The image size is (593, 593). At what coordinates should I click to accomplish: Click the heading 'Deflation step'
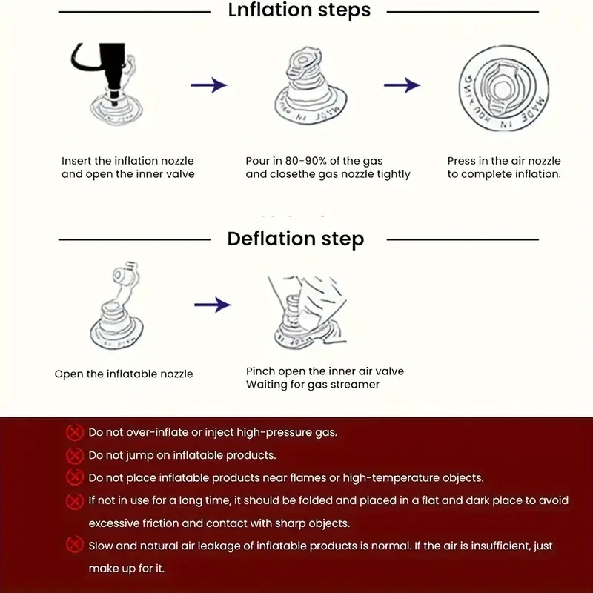[295, 239]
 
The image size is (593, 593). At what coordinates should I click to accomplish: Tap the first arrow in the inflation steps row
[208, 85]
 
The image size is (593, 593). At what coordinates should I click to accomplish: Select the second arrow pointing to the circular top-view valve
[402, 85]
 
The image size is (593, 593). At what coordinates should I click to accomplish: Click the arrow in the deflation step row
[213, 305]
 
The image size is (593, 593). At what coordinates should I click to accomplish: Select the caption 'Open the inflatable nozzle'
[124, 374]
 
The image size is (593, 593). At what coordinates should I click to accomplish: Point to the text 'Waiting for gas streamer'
[313, 385]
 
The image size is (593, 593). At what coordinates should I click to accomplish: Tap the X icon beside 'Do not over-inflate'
[74, 432]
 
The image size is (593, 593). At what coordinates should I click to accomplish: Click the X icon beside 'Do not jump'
[74, 455]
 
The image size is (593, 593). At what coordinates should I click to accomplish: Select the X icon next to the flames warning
[74, 477]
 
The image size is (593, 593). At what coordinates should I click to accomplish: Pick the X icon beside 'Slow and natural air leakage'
[74, 546]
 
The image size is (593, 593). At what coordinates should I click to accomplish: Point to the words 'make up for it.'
[126, 569]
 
